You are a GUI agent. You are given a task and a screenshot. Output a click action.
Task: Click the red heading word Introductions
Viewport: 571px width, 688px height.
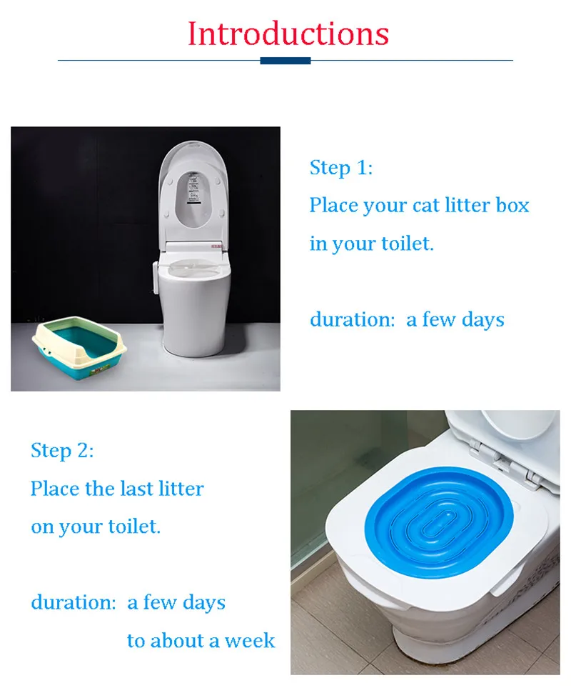coord(288,34)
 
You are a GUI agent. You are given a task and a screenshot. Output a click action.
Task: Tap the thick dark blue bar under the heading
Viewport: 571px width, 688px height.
coord(285,61)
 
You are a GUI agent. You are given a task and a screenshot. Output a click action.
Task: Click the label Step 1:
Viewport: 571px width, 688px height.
coord(341,168)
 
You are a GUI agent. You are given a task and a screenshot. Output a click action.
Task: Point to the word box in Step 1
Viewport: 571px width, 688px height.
coord(512,205)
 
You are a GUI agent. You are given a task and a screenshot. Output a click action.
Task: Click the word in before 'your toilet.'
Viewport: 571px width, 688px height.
coord(318,243)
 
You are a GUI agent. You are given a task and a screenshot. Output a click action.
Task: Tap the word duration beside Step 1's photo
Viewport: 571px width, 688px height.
coord(353,319)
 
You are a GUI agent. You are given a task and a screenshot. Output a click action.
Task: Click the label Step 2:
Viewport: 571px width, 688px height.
coord(62,451)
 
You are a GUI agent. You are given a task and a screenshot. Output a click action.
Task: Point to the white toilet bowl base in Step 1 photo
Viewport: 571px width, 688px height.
coord(195,311)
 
